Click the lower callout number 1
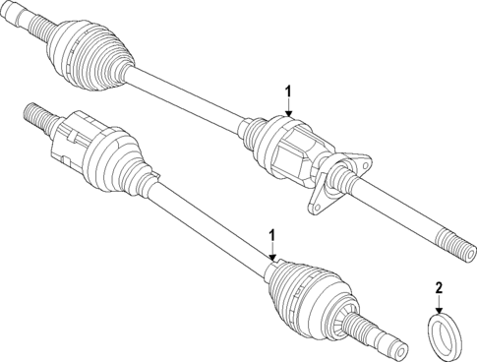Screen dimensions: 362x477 (271, 235)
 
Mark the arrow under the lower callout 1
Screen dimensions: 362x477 (271, 253)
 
